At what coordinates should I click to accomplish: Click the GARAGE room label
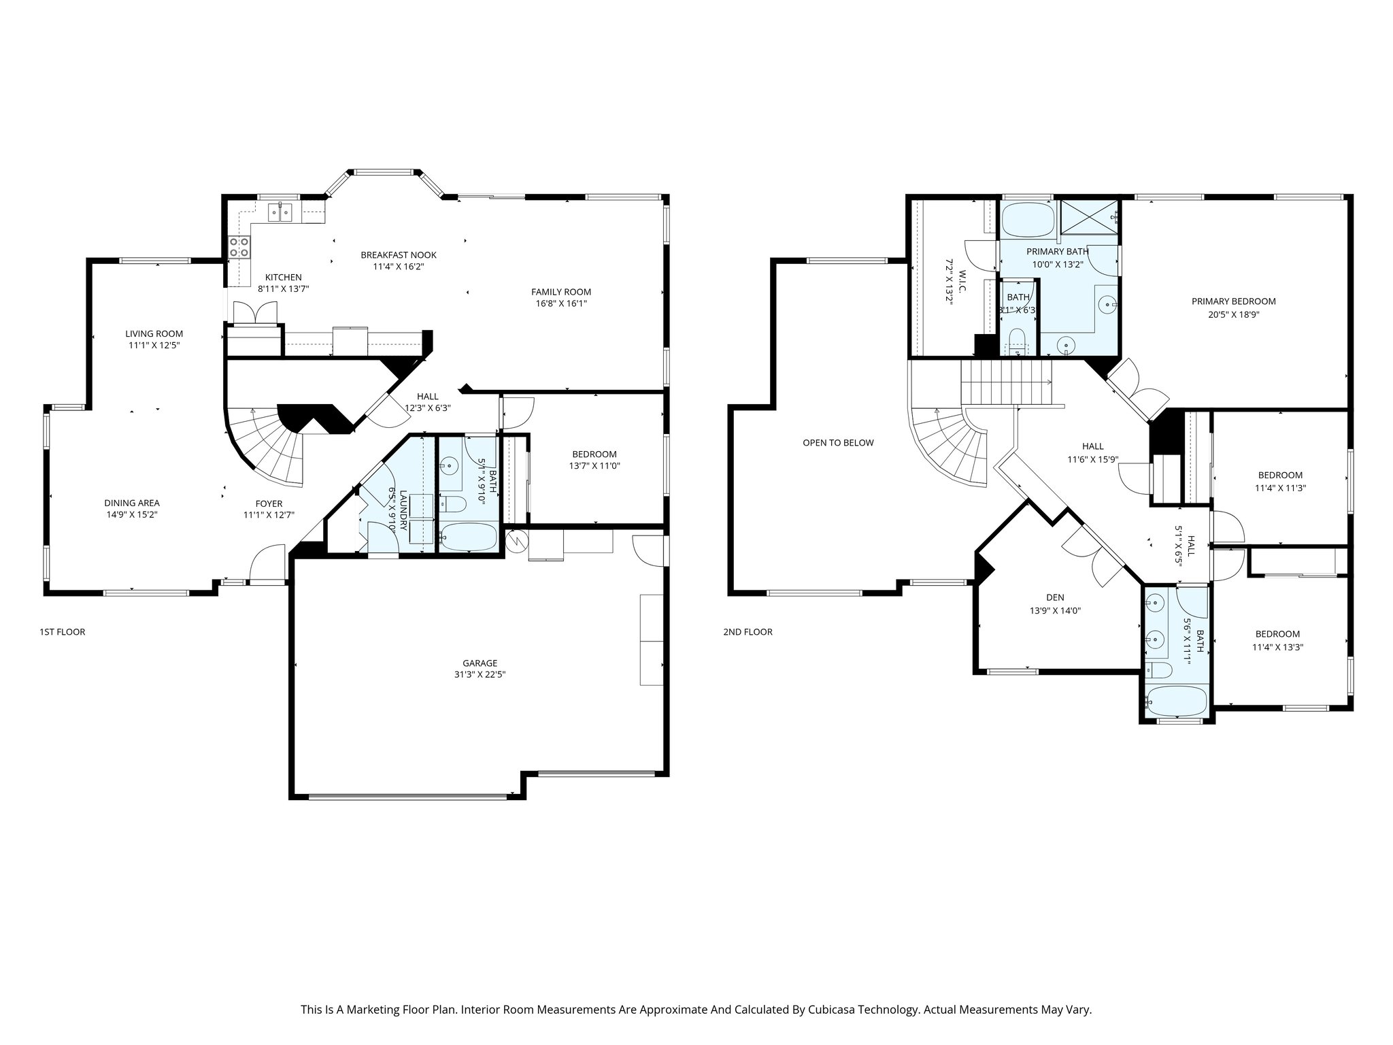[x=480, y=663]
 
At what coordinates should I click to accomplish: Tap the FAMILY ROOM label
[x=560, y=292]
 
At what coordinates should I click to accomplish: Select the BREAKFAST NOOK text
[x=398, y=255]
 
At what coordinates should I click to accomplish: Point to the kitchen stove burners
[x=239, y=246]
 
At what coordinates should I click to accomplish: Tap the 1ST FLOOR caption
[x=63, y=632]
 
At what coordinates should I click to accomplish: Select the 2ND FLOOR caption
[x=748, y=632]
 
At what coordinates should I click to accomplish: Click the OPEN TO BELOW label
[x=838, y=443]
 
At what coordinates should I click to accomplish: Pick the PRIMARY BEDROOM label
[x=1233, y=301]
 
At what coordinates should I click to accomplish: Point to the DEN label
[x=1055, y=597]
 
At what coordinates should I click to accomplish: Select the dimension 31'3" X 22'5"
[x=480, y=675]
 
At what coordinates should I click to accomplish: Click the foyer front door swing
[x=267, y=565]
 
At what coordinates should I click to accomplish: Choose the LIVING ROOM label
[x=154, y=333]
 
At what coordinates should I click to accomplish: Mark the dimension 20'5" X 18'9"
[x=1233, y=314]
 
